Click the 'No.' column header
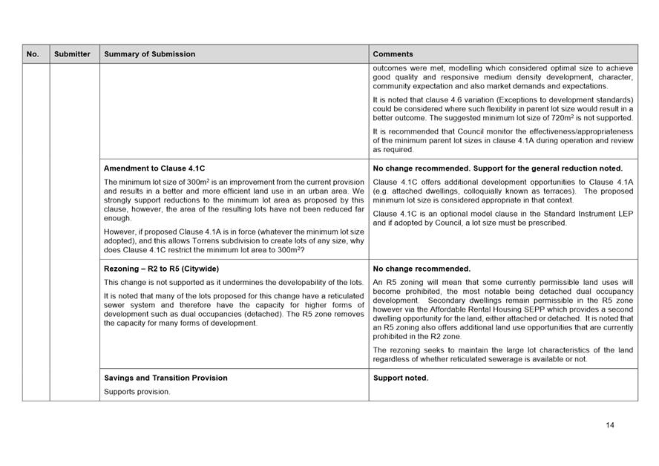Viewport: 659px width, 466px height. click(33, 54)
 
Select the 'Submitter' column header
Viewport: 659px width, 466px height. click(72, 54)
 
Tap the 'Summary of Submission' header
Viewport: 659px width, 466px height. click(150, 54)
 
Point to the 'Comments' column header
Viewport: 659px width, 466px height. click(393, 54)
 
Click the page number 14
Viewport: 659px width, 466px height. click(610, 425)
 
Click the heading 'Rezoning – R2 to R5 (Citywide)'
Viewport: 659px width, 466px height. click(161, 269)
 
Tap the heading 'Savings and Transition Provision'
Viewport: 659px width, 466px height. click(165, 378)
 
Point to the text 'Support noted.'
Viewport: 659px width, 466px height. click(401, 378)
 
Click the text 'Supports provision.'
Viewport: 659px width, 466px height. click(137, 392)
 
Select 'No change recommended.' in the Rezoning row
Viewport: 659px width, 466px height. click(422, 269)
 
